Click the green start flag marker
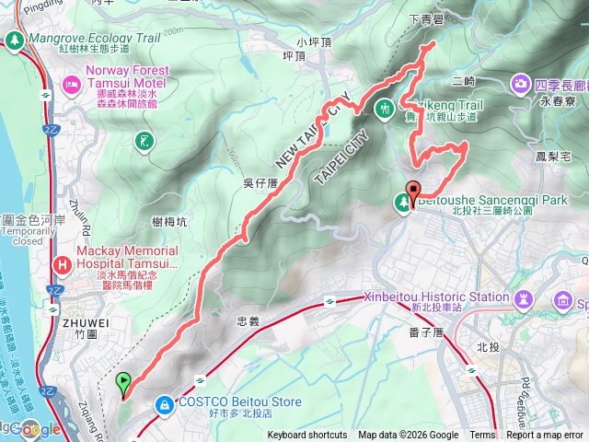pos(122,378)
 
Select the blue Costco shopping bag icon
pos(164,403)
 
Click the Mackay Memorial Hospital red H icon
pos(63,265)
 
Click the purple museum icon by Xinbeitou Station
pos(524,298)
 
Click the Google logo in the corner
pos(35,429)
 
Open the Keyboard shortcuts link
pos(307,436)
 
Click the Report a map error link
pos(544,436)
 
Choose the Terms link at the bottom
pos(482,436)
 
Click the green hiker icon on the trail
pos(385,108)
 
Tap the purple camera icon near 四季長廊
pos(519,85)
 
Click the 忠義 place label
pos(248,321)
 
